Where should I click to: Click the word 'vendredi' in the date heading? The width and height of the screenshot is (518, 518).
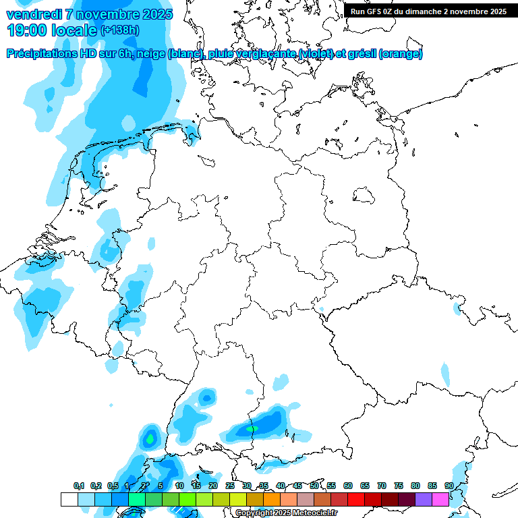[34, 14]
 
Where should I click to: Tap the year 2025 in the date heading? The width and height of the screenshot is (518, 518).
[156, 14]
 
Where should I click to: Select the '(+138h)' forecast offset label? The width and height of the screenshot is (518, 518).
[120, 30]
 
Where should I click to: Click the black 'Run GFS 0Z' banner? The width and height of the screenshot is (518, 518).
[429, 11]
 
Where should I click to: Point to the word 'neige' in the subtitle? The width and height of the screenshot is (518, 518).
[150, 54]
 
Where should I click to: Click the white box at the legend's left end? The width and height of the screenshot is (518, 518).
[69, 500]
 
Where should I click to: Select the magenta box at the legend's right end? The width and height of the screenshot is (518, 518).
[440, 500]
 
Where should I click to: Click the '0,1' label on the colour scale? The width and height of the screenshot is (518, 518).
[79, 486]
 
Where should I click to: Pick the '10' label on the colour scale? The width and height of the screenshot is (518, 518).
[179, 486]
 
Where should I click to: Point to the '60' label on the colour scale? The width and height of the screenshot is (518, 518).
[348, 486]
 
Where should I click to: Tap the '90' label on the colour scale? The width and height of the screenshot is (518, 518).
[449, 486]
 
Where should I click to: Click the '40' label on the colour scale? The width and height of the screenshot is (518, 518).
[281, 486]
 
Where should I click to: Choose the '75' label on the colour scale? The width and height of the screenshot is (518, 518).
[399, 486]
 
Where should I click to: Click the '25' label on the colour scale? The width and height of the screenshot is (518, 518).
[230, 486]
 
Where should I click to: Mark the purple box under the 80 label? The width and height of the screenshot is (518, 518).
[424, 500]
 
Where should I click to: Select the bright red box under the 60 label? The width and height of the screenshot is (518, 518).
[356, 500]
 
